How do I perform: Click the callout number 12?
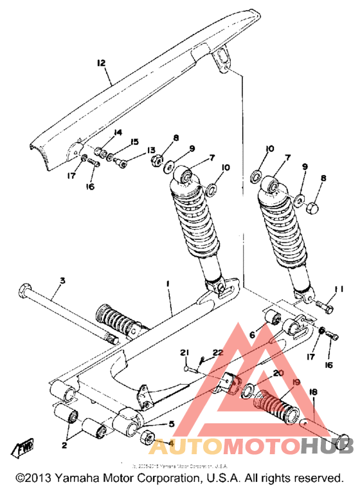click(100, 63)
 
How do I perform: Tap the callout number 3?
click(62, 280)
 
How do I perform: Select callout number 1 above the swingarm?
click(168, 282)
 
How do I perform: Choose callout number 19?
click(296, 381)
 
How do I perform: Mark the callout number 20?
click(278, 373)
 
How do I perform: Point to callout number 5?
click(171, 424)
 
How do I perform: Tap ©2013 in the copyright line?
click(33, 479)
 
